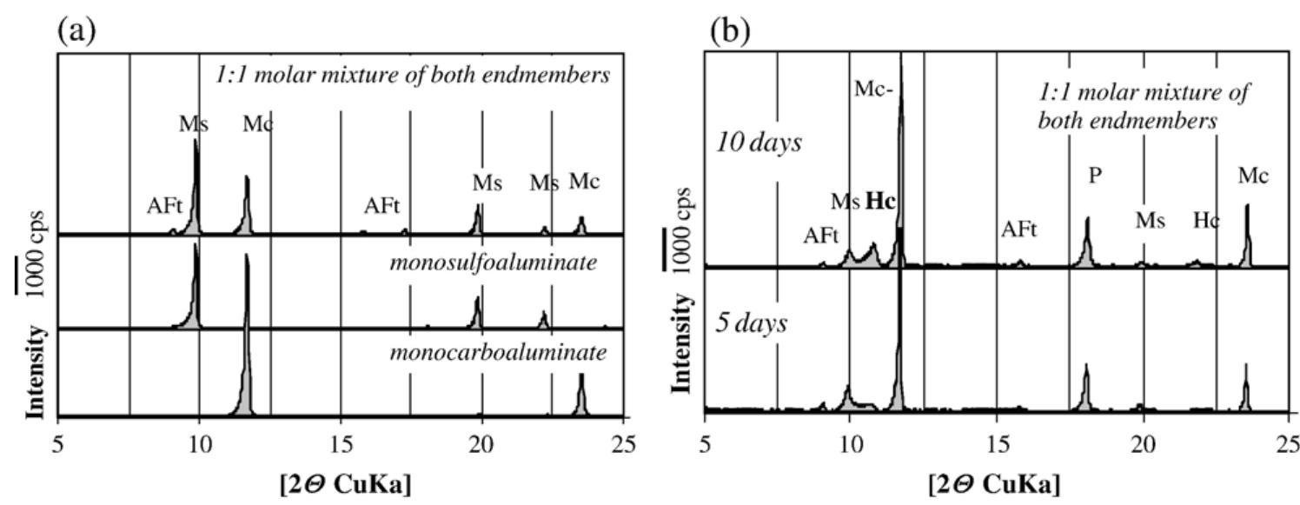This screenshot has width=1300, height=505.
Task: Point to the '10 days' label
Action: (x=758, y=143)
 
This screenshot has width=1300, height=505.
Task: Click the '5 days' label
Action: (x=751, y=323)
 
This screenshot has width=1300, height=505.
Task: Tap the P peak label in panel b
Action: (x=1095, y=175)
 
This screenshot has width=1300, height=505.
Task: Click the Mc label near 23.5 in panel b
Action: (x=1255, y=176)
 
